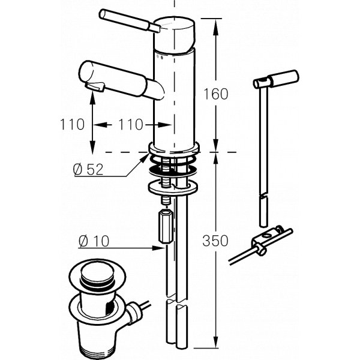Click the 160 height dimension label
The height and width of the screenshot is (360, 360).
point(216,94)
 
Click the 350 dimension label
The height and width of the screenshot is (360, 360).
point(215,241)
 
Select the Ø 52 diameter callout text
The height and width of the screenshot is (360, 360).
point(88,169)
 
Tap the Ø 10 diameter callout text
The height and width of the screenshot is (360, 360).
point(94,242)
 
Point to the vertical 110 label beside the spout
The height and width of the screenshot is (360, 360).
point(72,125)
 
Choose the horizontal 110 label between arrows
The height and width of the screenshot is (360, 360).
point(130,125)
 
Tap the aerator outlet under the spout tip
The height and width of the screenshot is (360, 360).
point(95,86)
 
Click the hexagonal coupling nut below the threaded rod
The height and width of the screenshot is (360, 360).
point(165,226)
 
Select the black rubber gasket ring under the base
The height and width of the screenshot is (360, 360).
point(173,170)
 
